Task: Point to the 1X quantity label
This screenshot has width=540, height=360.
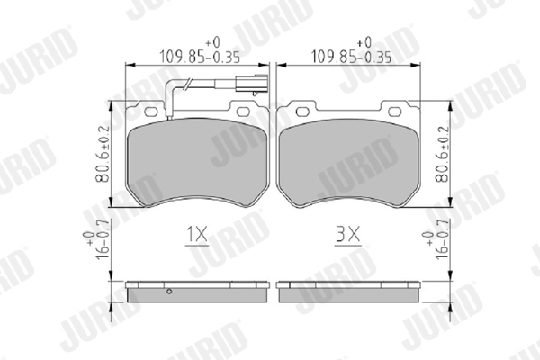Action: (196, 235)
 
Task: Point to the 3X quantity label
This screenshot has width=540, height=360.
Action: (347, 235)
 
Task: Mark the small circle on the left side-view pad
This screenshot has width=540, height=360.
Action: (168, 291)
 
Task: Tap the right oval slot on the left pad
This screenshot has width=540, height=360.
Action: (245, 112)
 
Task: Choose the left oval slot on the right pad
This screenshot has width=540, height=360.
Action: (301, 112)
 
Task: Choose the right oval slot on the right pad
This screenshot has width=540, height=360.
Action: (397, 112)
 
